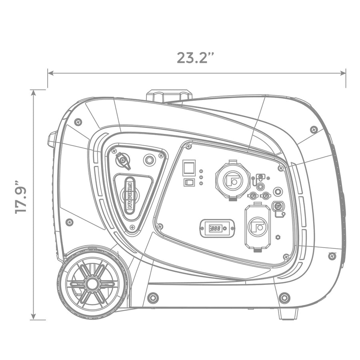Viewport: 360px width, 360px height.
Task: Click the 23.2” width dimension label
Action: [195, 58]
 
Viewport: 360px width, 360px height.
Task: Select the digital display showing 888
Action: [217, 228]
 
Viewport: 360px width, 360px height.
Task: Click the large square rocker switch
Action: [189, 168]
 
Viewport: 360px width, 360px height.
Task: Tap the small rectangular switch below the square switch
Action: [189, 182]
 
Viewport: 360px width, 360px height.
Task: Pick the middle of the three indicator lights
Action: [201, 177]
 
